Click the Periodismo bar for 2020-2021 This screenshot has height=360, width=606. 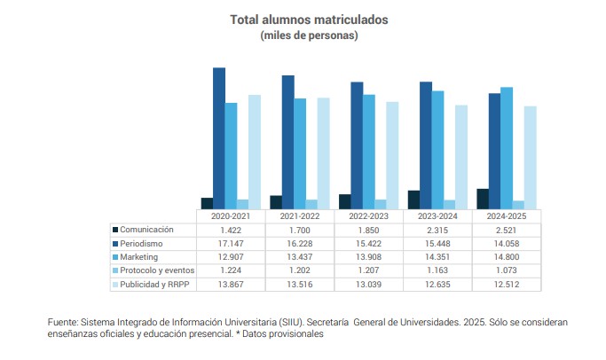click(x=219, y=137)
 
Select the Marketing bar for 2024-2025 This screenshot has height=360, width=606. click(x=507, y=147)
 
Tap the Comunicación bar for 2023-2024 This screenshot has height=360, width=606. click(x=413, y=199)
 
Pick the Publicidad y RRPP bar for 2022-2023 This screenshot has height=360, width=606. click(x=391, y=154)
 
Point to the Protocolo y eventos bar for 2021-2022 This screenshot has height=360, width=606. click(x=311, y=203)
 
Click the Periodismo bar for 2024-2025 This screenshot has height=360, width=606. click(x=494, y=150)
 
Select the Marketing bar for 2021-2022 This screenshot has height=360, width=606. click(x=300, y=153)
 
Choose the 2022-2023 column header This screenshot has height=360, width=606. click(x=369, y=215)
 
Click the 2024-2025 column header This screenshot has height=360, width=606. click(x=507, y=215)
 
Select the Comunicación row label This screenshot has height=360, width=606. click(x=146, y=230)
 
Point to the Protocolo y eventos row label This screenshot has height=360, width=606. click(x=157, y=270)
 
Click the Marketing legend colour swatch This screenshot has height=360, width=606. click(x=114, y=257)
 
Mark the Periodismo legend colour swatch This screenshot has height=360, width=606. click(x=114, y=243)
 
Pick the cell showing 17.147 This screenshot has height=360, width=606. click(x=231, y=243)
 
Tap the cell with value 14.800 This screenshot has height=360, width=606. click(x=507, y=257)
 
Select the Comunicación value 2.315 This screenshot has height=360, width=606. click(x=438, y=230)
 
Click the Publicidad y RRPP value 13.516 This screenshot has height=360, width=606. click(x=300, y=285)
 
